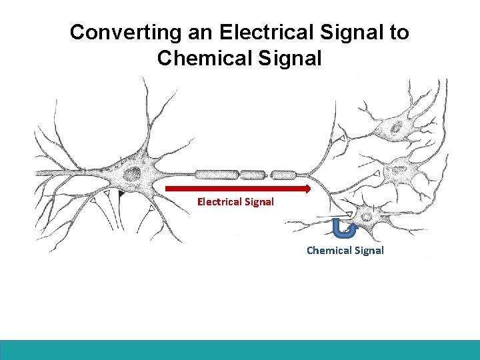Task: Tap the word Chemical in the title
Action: tap(201, 58)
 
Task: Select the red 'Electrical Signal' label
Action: tap(235, 201)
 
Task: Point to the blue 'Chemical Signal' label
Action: tap(345, 251)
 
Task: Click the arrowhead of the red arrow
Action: tap(307, 189)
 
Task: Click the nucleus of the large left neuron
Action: tap(132, 175)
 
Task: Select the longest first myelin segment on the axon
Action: tap(217, 175)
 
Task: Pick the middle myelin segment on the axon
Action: tap(253, 175)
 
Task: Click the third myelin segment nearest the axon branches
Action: tap(284, 175)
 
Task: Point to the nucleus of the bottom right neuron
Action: tap(366, 216)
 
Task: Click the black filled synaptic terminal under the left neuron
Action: tap(121, 195)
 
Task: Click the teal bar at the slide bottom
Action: tap(240, 350)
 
